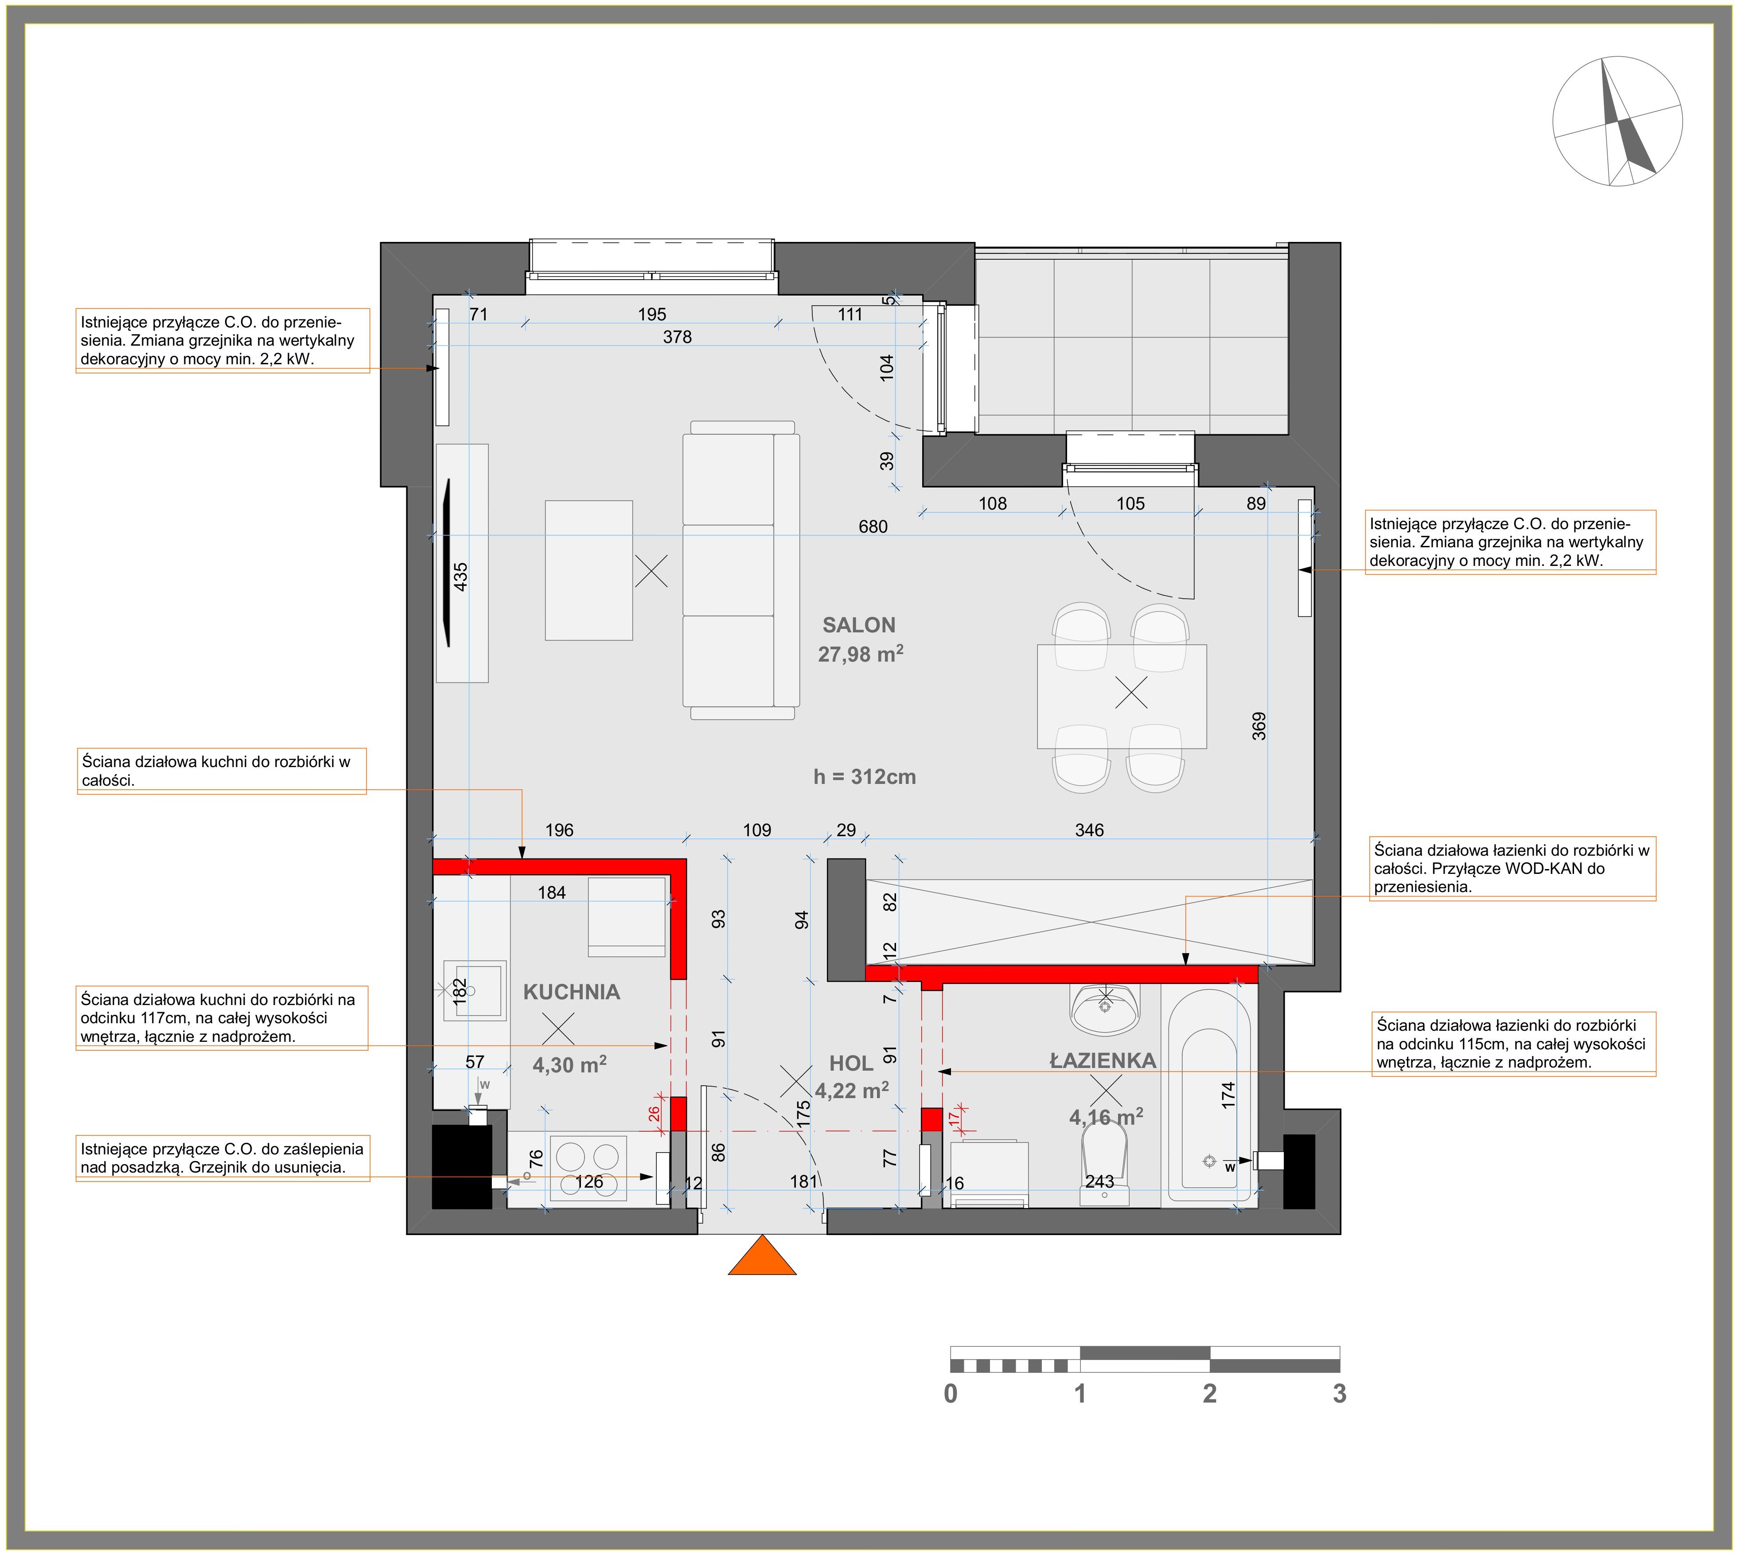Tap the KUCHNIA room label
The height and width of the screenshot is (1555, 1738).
[572, 992]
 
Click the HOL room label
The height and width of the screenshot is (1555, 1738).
[851, 1064]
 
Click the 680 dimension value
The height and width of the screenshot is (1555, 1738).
[873, 526]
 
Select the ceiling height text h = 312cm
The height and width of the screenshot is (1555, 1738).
[865, 777]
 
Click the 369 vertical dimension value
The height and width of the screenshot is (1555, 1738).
[1259, 725]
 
